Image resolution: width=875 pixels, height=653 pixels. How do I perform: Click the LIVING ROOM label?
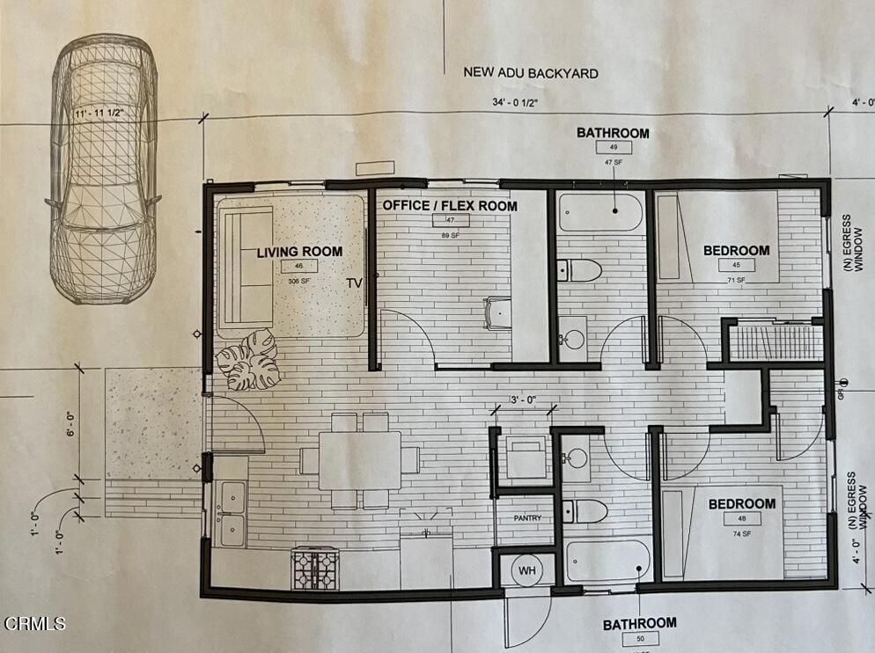click(x=299, y=252)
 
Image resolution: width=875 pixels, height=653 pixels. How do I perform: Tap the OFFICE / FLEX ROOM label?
click(x=449, y=206)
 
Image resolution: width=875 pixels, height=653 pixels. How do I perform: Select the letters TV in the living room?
click(x=354, y=283)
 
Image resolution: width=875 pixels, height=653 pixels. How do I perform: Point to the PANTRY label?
click(x=527, y=518)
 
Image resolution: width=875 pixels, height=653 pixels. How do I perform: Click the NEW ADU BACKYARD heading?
click(x=531, y=72)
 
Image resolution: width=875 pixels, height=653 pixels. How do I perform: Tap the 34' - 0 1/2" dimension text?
click(x=516, y=103)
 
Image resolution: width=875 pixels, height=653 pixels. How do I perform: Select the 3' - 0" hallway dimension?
click(x=526, y=402)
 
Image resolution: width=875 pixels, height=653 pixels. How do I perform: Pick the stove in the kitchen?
click(x=315, y=568)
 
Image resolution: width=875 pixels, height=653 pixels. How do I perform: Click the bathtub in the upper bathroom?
click(x=600, y=213)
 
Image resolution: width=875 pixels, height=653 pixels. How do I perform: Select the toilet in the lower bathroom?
click(x=585, y=510)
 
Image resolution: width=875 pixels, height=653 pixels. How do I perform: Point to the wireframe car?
click(x=103, y=167)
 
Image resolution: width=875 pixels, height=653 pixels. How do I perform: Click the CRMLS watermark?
click(x=34, y=624)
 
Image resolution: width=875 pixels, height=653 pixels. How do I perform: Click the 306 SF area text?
click(x=298, y=281)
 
